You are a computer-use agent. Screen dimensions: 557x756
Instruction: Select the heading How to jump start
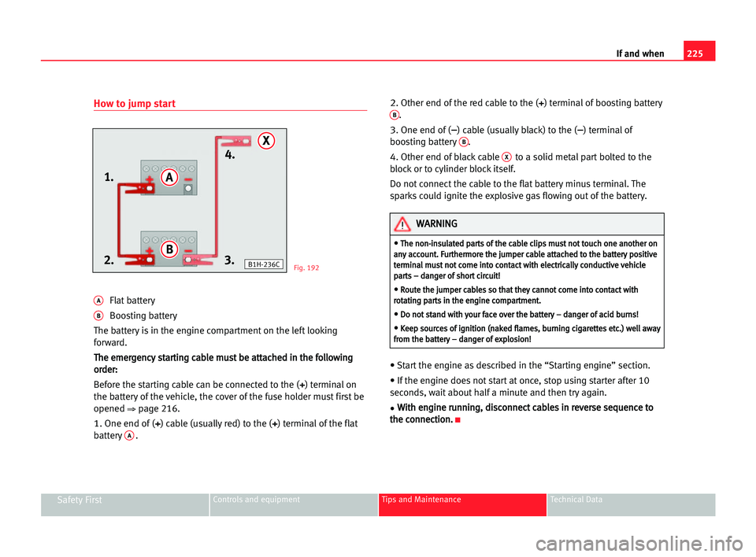[x=135, y=104]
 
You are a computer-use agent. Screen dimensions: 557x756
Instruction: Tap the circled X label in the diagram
[x=267, y=141]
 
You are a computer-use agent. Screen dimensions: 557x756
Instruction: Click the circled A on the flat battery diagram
[x=169, y=179]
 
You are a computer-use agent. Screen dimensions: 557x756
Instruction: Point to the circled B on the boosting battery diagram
[x=169, y=249]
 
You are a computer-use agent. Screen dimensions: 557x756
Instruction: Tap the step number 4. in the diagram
[x=231, y=155]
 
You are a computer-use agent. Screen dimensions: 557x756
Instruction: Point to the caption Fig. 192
[x=306, y=268]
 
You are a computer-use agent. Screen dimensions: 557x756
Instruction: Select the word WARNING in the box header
[x=436, y=224]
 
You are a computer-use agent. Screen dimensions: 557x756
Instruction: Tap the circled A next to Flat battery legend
[x=98, y=301]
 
